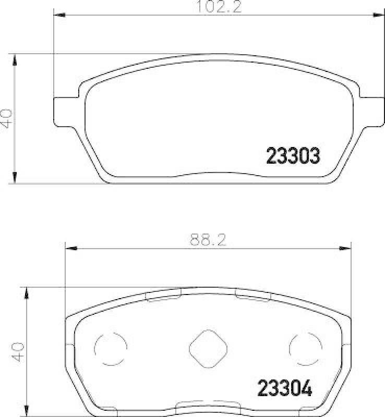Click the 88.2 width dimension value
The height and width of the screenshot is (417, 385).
coord(207,241)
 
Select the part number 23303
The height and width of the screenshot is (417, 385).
coord(293,155)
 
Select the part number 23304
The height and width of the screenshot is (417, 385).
coord(285,388)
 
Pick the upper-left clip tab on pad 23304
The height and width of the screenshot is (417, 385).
coord(163,296)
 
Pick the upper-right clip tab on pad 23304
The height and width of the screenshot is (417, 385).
coord(252,296)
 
